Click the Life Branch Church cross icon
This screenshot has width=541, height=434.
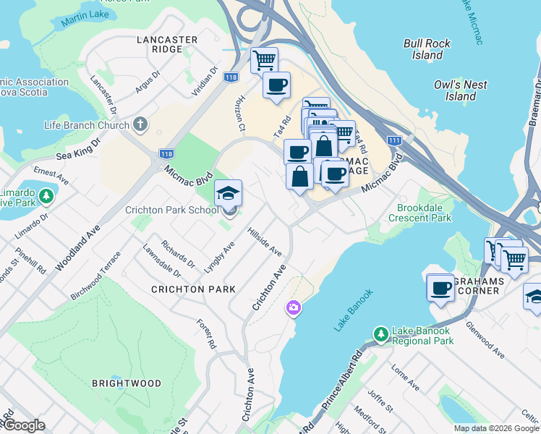tap(140, 125)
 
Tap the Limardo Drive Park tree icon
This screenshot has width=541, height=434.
tap(46, 196)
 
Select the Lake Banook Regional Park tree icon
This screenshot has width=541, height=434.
tap(380, 333)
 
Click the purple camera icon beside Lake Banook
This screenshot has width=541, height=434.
tap(294, 308)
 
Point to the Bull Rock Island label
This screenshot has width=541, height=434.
tap(427, 49)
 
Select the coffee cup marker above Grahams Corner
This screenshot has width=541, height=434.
tap(440, 289)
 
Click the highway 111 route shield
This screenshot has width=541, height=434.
tap(393, 140)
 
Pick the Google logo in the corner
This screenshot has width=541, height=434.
tap(23, 425)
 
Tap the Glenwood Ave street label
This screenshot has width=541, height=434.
tap(485, 339)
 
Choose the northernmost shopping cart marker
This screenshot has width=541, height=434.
tap(264, 59)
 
